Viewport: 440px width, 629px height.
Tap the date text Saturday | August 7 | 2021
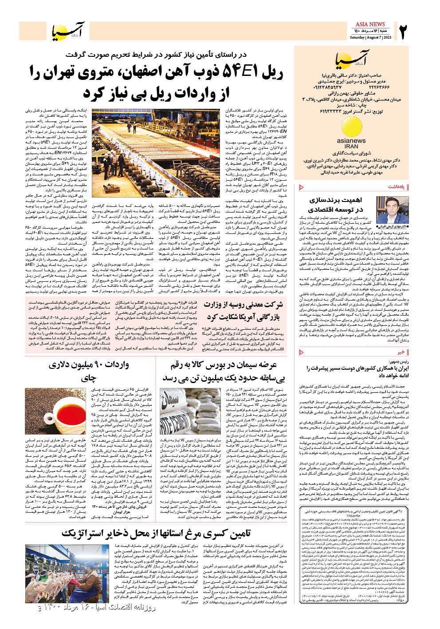pos(371,37)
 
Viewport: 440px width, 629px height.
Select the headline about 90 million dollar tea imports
pos(88,372)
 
